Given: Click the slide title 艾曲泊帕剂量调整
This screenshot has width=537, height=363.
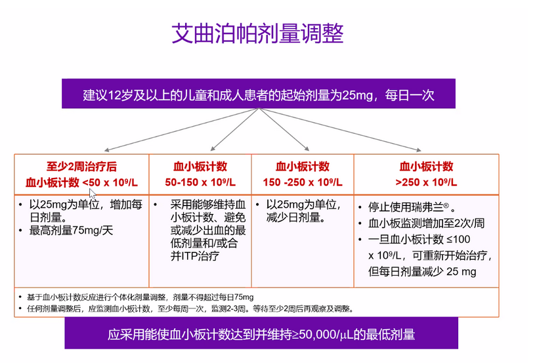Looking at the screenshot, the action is pyautogui.click(x=257, y=33).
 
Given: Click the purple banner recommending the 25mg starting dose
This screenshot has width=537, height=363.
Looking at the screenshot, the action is pyautogui.click(x=259, y=93).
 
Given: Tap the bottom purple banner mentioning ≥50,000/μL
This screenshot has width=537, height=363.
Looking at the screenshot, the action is pyautogui.click(x=261, y=333).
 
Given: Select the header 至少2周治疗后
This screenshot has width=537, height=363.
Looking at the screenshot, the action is pyautogui.click(x=81, y=167).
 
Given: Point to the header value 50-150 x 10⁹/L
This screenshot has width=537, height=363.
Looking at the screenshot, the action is pyautogui.click(x=200, y=182).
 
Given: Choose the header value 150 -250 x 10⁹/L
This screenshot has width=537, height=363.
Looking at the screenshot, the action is pyautogui.click(x=303, y=182).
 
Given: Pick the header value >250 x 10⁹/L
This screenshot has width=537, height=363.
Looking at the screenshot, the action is pyautogui.click(x=426, y=182).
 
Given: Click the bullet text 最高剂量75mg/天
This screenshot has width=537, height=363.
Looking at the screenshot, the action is pyautogui.click(x=71, y=230).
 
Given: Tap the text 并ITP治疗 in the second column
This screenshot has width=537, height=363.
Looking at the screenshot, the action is pyautogui.click(x=195, y=256).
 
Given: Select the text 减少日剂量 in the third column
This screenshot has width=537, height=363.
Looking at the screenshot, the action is pyautogui.click(x=295, y=217).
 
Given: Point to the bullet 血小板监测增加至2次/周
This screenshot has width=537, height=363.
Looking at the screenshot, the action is pyautogui.click(x=426, y=223).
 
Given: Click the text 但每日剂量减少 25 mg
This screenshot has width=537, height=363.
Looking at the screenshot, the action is pyautogui.click(x=422, y=272).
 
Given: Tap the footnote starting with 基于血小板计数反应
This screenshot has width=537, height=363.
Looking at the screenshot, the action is pyautogui.click(x=140, y=297).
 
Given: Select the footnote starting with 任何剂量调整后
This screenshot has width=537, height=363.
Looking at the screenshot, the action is pyautogui.click(x=190, y=309).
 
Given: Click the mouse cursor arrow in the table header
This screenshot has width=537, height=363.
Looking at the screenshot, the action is pyautogui.click(x=92, y=193).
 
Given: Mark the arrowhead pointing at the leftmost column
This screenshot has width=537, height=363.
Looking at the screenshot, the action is pyautogui.click(x=106, y=150).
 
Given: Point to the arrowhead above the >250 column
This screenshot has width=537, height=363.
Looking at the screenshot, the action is pyautogui.click(x=419, y=150).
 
